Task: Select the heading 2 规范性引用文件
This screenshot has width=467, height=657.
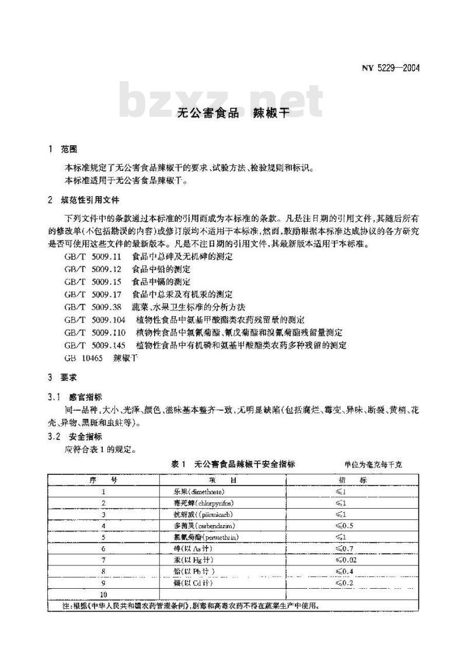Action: coord(84,200)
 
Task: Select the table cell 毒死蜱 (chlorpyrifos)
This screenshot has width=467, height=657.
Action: coord(196,503)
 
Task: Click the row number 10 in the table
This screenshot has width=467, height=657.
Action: coord(103,594)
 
